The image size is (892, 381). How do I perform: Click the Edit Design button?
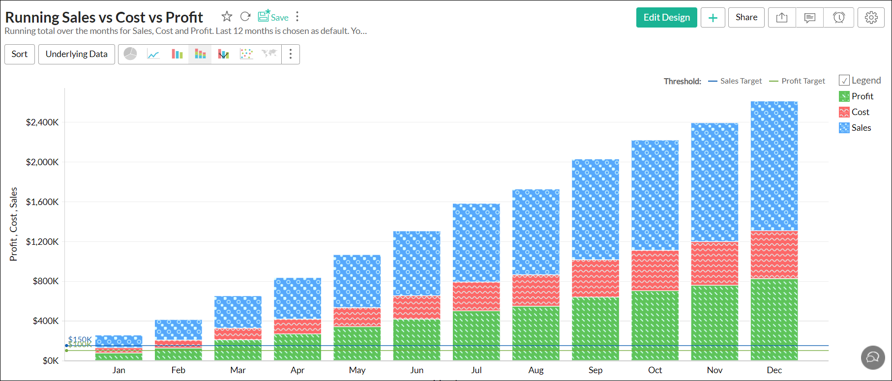[666, 18]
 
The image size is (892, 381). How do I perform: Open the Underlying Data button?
[76, 54]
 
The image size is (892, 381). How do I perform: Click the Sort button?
[20, 54]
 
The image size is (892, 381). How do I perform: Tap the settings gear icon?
[871, 18]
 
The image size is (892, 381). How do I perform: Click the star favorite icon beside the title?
[227, 17]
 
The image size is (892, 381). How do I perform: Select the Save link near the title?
[273, 17]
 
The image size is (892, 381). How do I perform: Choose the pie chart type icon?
[130, 54]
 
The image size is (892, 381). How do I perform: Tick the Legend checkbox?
[844, 81]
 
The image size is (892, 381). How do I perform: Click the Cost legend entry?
[860, 112]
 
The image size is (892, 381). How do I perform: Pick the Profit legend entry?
[862, 96]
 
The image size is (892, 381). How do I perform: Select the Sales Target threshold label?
[741, 81]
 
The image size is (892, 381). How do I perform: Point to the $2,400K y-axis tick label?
[42, 122]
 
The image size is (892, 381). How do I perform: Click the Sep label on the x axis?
[595, 370]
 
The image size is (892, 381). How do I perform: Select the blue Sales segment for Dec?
[774, 166]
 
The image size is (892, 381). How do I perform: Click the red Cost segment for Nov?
[714, 263]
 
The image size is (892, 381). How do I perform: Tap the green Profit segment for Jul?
[476, 335]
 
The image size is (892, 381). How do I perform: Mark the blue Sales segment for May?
[357, 281]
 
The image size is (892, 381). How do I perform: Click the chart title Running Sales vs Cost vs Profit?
[104, 17]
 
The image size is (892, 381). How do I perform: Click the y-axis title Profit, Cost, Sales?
[13, 224]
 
